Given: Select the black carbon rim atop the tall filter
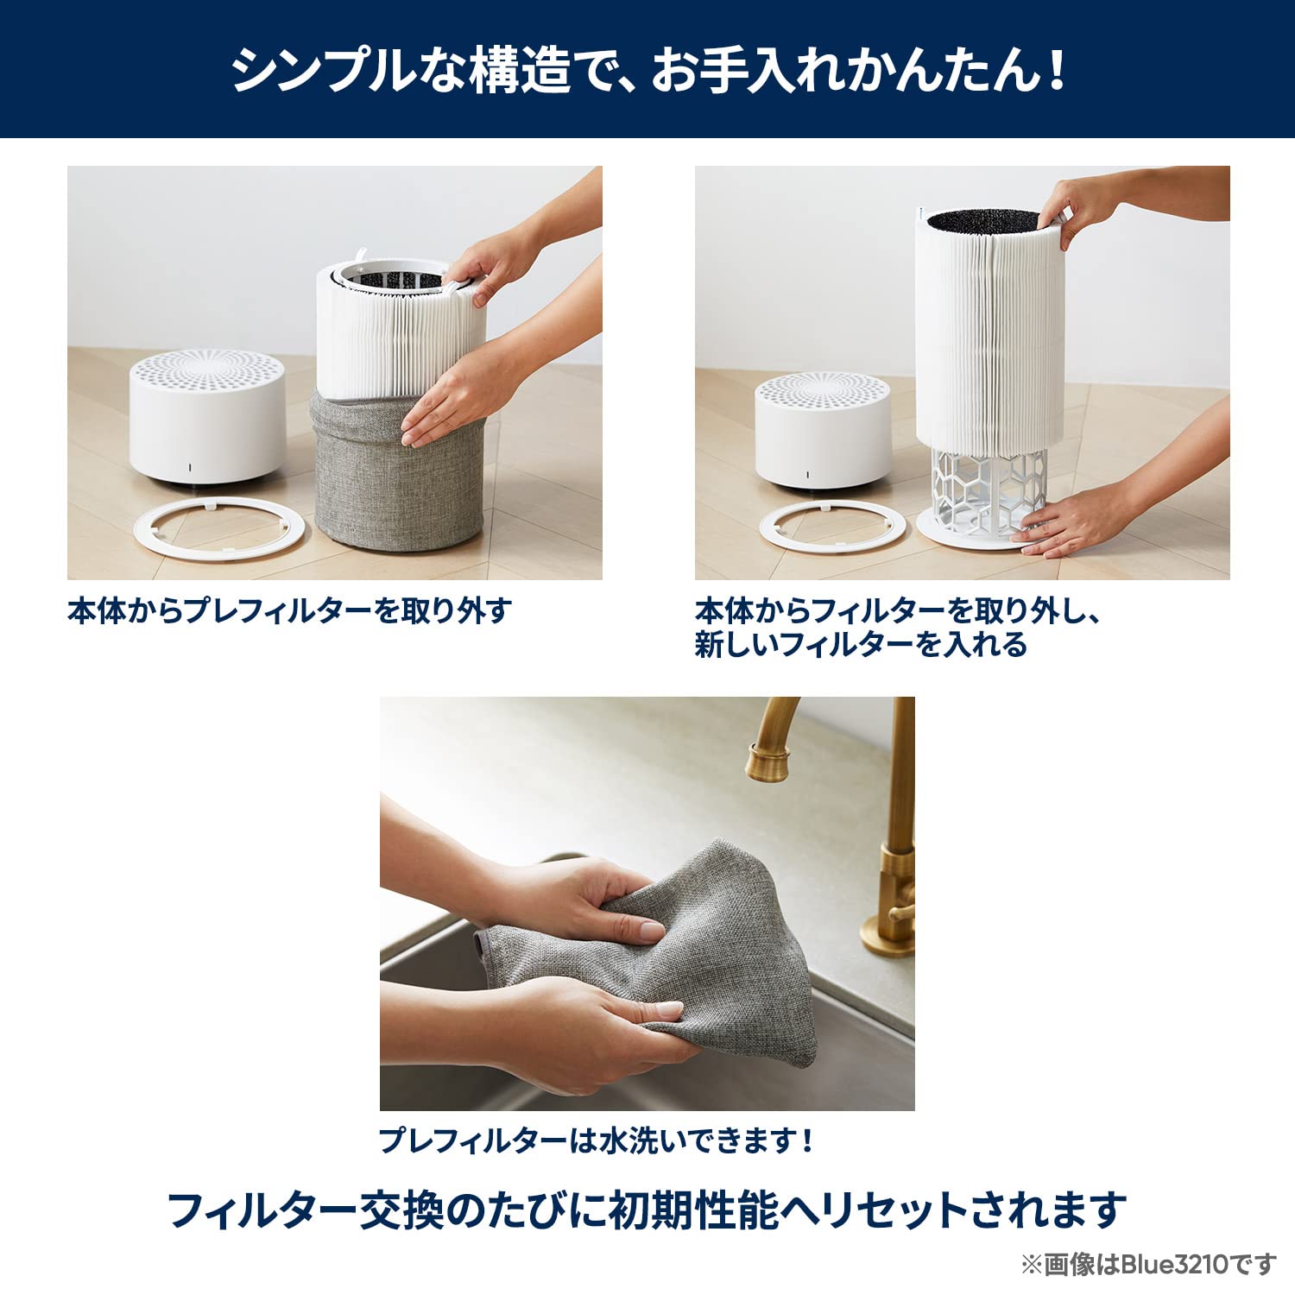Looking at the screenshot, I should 984,221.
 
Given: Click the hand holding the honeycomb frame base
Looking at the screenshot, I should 1071,522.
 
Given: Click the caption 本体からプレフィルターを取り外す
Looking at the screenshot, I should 289,611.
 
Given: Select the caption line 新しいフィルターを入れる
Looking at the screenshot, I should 861,645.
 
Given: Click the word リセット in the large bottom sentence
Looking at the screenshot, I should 893,1210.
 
